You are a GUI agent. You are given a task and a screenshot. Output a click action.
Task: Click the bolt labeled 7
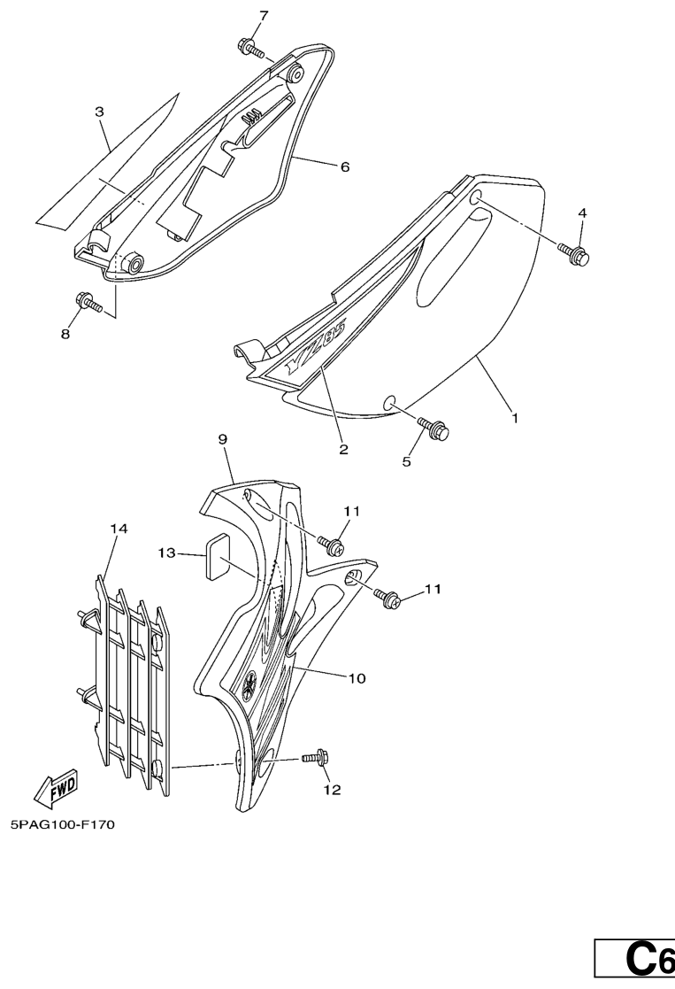pos(251,48)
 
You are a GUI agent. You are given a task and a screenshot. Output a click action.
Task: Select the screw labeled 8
pos(88,302)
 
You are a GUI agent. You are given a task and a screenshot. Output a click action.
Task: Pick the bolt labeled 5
pos(435,429)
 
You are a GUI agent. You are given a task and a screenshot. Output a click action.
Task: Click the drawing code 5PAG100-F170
pos(63,824)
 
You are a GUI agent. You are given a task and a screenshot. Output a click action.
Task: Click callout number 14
pos(119,529)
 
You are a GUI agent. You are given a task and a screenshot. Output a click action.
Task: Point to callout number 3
pos(100,112)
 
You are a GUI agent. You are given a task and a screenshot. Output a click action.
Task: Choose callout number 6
pos(344,167)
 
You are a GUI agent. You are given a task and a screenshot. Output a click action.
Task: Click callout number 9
pos(222,439)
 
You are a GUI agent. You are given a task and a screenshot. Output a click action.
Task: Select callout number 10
pos(357,678)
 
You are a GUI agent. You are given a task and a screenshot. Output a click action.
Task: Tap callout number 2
pos(343,449)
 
